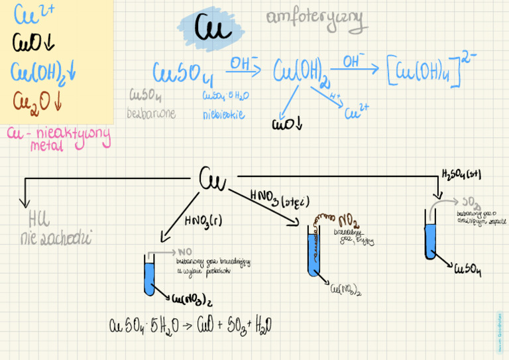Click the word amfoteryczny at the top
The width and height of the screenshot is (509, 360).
click(316, 21)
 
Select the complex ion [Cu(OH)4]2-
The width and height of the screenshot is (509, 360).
click(431, 68)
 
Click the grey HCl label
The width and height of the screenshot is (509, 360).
click(39, 219)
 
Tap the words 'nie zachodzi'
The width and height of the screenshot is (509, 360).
click(56, 238)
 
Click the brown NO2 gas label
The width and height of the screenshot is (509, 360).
click(349, 220)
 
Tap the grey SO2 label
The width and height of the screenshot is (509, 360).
click(471, 202)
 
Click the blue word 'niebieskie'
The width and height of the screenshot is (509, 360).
click(224, 114)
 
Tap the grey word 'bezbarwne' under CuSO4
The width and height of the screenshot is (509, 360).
click(151, 113)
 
